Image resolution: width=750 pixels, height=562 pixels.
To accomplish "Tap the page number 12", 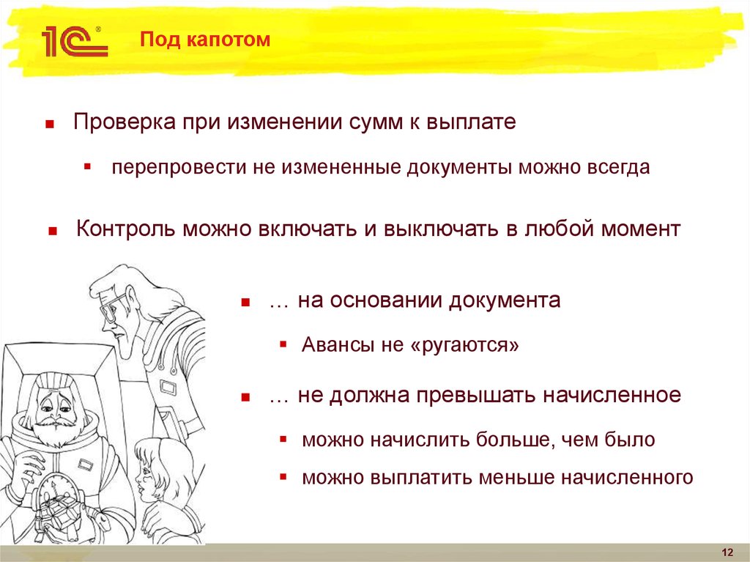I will pyautogui.click(x=727, y=552).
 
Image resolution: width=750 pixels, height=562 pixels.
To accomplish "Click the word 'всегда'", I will pyautogui.click(x=618, y=168).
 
